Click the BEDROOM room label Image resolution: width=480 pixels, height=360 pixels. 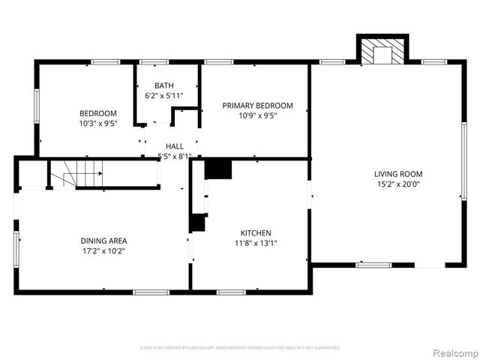pyautogui.click(x=98, y=112)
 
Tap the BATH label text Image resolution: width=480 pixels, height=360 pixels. pyautogui.click(x=164, y=85)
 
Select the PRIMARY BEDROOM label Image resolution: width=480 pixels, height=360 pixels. pyautogui.click(x=257, y=106)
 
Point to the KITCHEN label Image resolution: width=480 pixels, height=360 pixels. pyautogui.click(x=256, y=232)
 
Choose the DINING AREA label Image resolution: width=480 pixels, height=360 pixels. pyautogui.click(x=103, y=241)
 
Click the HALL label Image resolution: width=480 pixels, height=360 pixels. pyautogui.click(x=175, y=146)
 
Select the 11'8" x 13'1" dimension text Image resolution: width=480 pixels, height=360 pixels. pyautogui.click(x=256, y=243)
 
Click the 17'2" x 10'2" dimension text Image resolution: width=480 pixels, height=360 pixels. pyautogui.click(x=103, y=251)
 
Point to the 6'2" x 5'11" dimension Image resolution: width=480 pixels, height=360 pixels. pyautogui.click(x=164, y=95)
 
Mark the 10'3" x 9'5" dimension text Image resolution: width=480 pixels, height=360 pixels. pyautogui.click(x=98, y=123)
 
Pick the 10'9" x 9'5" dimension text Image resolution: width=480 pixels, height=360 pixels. pyautogui.click(x=257, y=116)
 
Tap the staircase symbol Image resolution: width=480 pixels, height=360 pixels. pyautogui.click(x=79, y=175)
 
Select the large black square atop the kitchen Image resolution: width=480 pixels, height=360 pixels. pyautogui.click(x=218, y=169)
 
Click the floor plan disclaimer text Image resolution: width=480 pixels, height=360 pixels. pyautogui.click(x=240, y=348)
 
